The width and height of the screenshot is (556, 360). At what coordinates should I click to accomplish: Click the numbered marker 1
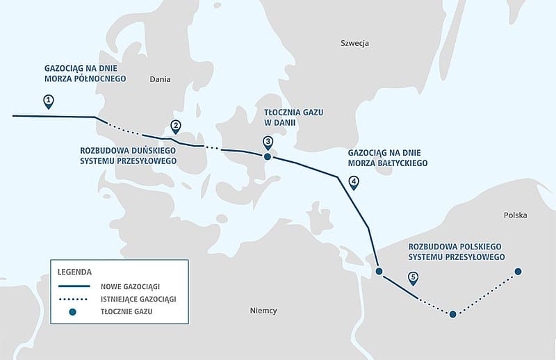coord(48,101)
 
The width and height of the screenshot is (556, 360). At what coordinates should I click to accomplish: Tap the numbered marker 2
coord(176,126)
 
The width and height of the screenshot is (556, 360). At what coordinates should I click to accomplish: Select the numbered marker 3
coord(268,142)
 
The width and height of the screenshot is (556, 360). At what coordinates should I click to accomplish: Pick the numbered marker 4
coord(354,183)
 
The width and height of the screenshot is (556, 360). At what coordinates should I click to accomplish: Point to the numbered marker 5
coord(414,278)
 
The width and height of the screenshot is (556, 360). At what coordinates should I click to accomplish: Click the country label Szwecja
coord(354,43)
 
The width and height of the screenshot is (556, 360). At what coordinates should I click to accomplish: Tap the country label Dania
coord(160,79)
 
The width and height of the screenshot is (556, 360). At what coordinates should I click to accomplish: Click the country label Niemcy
coord(263,311)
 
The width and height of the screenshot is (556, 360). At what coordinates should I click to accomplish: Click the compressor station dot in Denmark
coord(268,157)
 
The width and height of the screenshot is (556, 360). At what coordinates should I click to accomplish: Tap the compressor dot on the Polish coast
coord(379,271)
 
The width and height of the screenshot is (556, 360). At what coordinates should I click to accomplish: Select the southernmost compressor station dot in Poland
coord(452,315)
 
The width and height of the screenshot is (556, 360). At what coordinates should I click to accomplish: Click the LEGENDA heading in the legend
coord(75,271)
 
